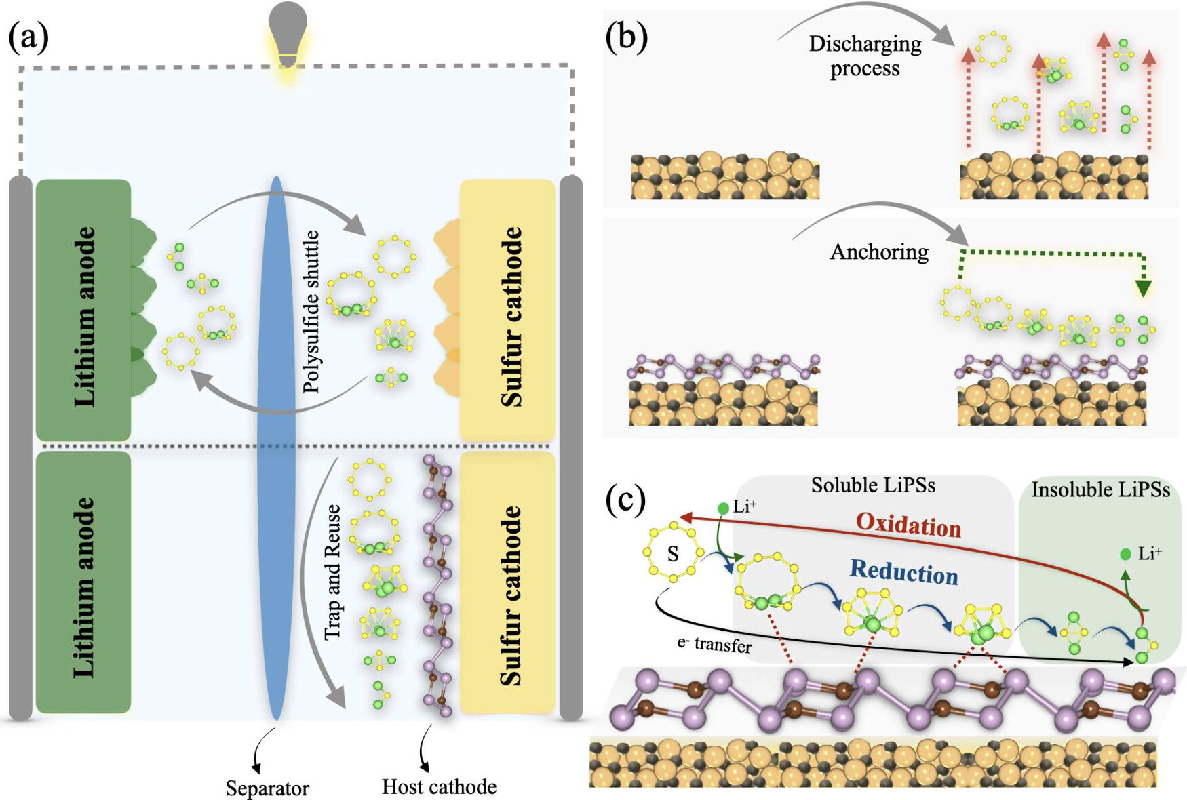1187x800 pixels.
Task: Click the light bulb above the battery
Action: [x=288, y=34]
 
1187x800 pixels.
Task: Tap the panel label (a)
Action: [x=28, y=37]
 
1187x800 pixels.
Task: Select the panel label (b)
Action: [x=626, y=37]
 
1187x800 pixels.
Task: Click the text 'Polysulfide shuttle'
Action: [x=311, y=311]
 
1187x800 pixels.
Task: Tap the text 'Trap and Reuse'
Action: [x=332, y=572]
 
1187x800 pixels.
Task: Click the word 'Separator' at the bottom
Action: [x=267, y=788]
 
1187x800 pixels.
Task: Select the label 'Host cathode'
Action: [x=439, y=786]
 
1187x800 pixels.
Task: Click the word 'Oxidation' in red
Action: [x=908, y=525]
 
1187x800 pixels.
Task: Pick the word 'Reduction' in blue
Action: [x=903, y=572]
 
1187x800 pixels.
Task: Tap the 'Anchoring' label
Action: [x=879, y=252]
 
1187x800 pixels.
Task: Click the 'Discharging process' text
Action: [x=865, y=56]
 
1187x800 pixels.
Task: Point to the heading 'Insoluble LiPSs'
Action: [x=1100, y=489]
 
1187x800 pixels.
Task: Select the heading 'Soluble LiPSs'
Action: [x=873, y=485]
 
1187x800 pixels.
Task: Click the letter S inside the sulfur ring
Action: [x=672, y=555]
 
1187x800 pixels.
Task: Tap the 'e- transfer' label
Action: [x=714, y=645]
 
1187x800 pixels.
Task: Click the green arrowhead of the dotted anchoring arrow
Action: [x=1143, y=289]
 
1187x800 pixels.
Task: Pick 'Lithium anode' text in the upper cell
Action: [x=85, y=317]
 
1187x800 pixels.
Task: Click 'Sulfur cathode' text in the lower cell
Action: [x=511, y=595]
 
